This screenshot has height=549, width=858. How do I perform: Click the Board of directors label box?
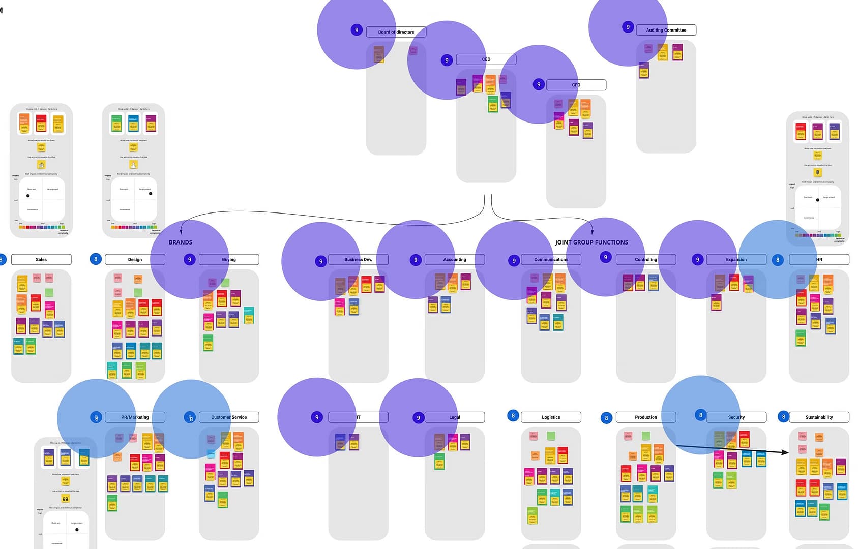(396, 32)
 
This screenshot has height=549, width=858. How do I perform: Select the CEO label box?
(486, 59)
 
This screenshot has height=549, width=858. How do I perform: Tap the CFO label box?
(576, 85)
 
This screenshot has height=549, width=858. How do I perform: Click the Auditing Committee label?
(666, 30)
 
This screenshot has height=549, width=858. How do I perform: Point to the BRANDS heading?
(181, 242)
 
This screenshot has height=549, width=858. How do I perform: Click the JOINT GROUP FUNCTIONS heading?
(591, 242)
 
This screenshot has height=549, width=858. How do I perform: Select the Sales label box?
(41, 260)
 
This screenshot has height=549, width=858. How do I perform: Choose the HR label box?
(819, 260)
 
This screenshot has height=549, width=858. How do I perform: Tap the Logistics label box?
(551, 417)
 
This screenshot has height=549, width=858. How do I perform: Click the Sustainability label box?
(819, 417)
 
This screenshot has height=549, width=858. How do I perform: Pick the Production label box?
(645, 417)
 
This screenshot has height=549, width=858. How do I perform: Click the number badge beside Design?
(96, 259)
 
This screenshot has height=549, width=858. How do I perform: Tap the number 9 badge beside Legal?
(419, 418)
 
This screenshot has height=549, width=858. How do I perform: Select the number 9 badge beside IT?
(317, 417)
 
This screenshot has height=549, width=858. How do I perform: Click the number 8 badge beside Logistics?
(513, 416)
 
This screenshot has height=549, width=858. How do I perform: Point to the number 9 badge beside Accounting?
(416, 260)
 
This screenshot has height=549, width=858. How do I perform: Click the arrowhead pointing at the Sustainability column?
(786, 452)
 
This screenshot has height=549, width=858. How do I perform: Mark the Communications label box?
(551, 260)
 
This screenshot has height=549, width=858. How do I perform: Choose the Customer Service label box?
(229, 417)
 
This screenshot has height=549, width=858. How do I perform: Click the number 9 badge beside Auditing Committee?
(628, 27)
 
